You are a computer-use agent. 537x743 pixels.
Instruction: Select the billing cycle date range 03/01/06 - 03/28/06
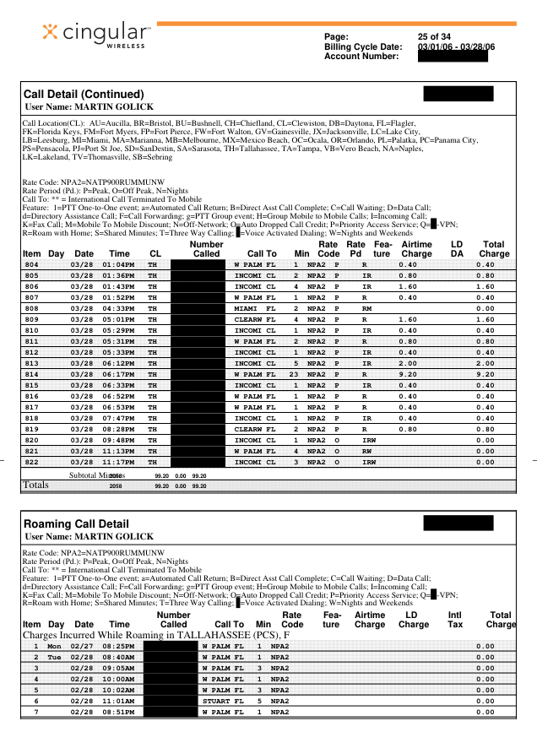click(x=456, y=46)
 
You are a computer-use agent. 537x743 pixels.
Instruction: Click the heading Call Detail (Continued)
click(x=84, y=94)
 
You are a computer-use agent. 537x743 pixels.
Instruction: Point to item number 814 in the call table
click(x=31, y=374)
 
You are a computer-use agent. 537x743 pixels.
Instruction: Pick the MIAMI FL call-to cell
click(x=255, y=310)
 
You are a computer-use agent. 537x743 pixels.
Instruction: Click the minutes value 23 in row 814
click(x=295, y=374)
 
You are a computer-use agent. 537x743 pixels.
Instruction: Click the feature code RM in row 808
click(x=366, y=310)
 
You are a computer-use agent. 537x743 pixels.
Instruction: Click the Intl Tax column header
click(x=456, y=620)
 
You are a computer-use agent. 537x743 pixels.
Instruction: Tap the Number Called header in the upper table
click(x=206, y=249)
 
